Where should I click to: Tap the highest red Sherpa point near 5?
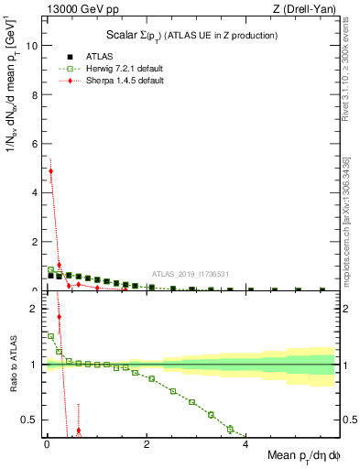(x=51, y=171)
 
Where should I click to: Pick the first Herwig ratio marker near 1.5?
(x=51, y=335)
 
